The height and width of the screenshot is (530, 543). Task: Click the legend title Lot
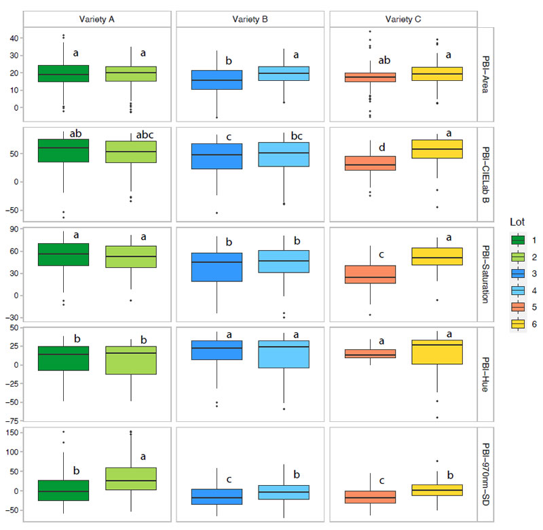click(518, 222)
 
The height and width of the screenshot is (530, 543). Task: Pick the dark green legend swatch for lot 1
click(517, 239)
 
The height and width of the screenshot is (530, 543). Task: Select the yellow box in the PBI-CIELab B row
click(436, 149)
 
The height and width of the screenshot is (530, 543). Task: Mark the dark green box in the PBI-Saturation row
click(63, 254)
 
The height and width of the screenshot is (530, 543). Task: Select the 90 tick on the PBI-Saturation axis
click(14, 230)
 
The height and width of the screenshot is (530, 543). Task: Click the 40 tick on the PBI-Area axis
click(14, 38)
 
